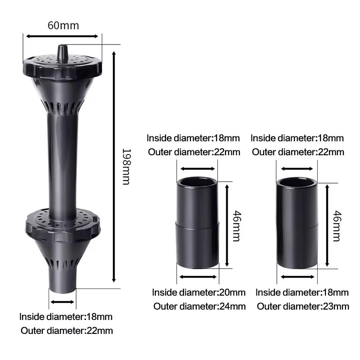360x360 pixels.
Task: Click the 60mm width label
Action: (63, 26)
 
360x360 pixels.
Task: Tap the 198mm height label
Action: (126, 166)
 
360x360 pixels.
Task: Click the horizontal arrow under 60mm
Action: (62, 36)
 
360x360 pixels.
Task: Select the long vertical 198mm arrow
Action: (114, 167)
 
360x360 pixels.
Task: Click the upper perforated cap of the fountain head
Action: (63, 67)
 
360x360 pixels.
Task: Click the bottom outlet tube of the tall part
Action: (63, 280)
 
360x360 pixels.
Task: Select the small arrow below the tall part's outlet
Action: (62, 302)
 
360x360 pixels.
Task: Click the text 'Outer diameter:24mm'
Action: (199, 306)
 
